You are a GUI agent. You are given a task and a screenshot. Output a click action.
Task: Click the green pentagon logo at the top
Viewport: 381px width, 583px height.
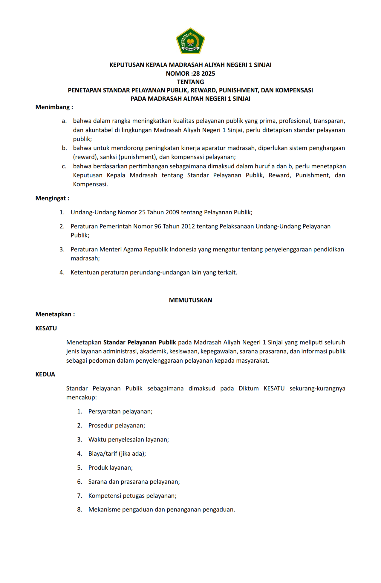(190, 41)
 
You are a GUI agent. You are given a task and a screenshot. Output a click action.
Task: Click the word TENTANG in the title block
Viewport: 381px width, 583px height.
(190, 82)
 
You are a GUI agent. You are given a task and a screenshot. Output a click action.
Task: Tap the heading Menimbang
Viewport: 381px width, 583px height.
(54, 107)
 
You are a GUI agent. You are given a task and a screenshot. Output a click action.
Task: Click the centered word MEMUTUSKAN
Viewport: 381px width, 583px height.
(190, 300)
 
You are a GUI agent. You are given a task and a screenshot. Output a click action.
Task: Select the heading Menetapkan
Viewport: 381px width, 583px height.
(55, 314)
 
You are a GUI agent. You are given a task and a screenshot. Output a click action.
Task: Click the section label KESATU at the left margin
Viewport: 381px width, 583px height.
(46, 328)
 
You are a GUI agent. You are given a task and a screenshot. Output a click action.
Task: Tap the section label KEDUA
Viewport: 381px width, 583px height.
(45, 374)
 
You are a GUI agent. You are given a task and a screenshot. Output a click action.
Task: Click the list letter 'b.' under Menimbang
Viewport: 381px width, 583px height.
(65, 148)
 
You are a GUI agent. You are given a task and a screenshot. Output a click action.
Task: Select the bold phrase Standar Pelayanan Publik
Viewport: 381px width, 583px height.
(140, 342)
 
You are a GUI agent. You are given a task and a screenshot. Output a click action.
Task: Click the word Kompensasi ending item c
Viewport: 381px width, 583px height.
(90, 184)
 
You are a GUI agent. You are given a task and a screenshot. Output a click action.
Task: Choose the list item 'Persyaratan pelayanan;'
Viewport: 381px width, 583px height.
(120, 411)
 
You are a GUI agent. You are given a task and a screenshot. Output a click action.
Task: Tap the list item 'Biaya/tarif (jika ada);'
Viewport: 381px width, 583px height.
(117, 454)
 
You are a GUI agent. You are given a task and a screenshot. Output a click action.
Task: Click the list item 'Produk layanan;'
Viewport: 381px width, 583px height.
(111, 468)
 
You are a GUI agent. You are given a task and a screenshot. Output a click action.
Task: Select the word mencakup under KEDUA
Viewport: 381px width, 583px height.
(81, 397)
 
